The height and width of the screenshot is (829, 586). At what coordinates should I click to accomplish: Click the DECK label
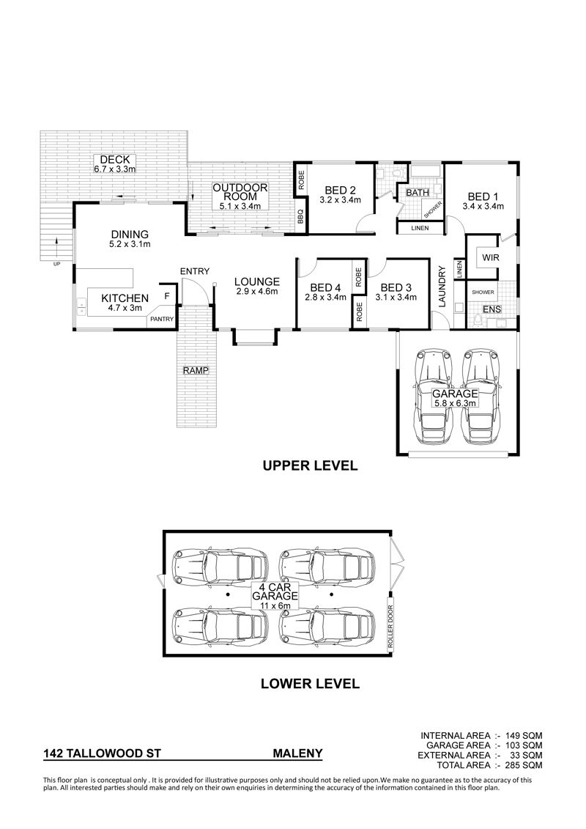115,160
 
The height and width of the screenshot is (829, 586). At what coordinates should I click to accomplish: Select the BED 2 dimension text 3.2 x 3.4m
340,200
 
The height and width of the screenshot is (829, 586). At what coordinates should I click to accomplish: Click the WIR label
490,258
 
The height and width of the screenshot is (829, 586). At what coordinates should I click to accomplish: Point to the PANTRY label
162,319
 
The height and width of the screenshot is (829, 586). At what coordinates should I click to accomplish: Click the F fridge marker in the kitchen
167,296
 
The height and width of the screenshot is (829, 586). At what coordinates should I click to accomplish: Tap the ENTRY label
195,271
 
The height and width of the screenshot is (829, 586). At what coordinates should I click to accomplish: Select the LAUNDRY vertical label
442,286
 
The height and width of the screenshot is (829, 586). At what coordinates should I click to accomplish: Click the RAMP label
196,371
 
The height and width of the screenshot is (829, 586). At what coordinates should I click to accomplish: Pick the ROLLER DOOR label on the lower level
391,627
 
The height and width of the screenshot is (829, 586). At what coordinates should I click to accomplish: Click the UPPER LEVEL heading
310,465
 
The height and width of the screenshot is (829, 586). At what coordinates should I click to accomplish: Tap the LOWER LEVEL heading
310,683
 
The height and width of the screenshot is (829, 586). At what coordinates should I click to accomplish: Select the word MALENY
297,754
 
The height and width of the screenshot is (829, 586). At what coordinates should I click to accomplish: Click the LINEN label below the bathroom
420,229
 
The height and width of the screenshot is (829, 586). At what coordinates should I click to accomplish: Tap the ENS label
492,309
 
